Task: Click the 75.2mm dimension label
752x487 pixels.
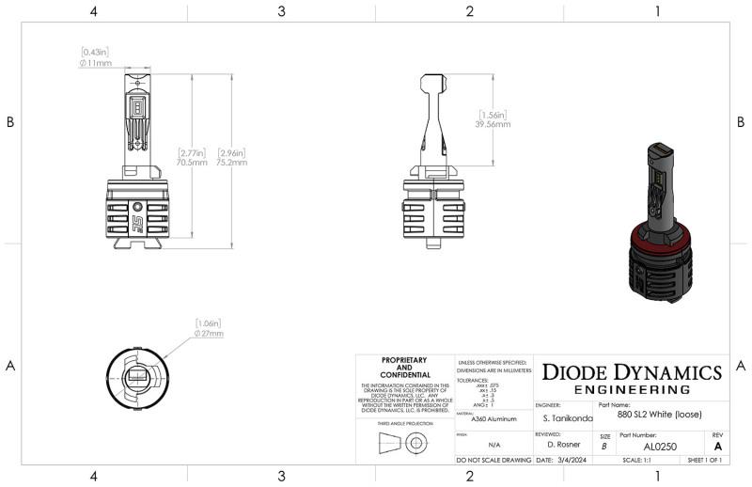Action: click(x=232, y=162)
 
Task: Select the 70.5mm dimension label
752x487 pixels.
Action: click(x=193, y=162)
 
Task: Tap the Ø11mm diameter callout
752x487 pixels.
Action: click(x=97, y=63)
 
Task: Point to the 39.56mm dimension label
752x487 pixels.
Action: click(x=493, y=123)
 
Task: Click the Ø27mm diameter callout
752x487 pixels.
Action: click(x=208, y=333)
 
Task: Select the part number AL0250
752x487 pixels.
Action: click(x=662, y=447)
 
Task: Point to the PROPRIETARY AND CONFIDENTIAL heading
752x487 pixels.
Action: click(x=405, y=368)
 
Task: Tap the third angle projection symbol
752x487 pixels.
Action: click(x=405, y=448)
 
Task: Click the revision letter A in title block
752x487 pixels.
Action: click(x=719, y=447)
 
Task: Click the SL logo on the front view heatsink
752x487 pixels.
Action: click(x=137, y=221)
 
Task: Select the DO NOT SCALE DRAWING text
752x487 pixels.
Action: click(x=493, y=461)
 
